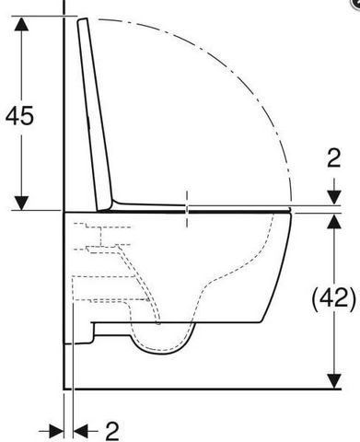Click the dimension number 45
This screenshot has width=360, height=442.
tap(19, 115)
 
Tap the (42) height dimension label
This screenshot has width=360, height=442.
tap(333, 298)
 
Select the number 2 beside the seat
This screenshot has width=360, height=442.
tap(334, 157)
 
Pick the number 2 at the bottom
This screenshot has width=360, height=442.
tap(112, 432)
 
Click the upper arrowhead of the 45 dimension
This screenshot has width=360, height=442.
tap(21, 24)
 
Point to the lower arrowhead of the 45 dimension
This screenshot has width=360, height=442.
tap(21, 204)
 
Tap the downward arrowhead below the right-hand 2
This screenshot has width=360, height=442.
tap(334, 197)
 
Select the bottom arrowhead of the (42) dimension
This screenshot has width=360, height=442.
tap(334, 381)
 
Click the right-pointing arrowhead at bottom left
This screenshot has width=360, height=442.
tap(56, 432)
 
